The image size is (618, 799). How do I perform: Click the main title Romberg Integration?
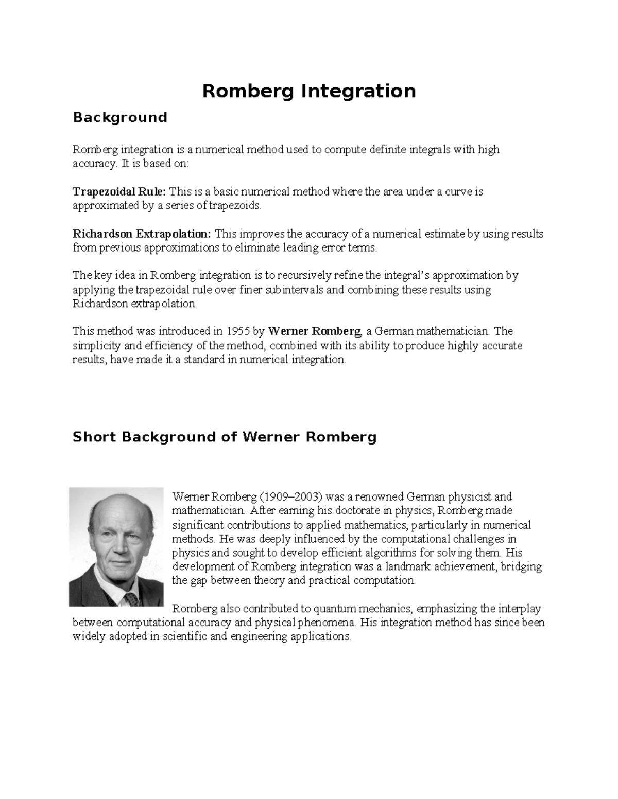point(308,92)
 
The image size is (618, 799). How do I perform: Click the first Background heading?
point(120,118)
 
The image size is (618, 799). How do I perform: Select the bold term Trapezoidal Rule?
point(119,192)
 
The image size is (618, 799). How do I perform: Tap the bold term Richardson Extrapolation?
point(142,234)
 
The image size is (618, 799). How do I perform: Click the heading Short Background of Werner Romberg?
point(225,437)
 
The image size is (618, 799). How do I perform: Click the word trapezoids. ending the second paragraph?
point(241,206)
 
